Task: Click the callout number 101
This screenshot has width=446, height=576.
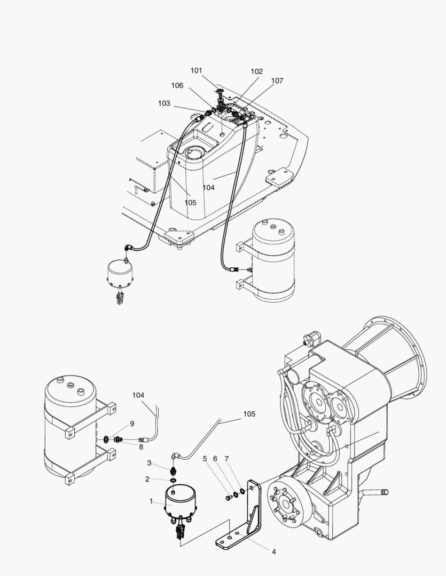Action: click(x=196, y=70)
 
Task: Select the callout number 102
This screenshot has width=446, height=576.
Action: click(x=256, y=71)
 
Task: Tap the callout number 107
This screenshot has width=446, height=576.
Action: click(x=277, y=81)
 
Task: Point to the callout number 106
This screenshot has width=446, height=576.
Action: click(x=177, y=85)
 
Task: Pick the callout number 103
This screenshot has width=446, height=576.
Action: click(x=164, y=103)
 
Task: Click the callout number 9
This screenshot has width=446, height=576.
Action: click(x=132, y=424)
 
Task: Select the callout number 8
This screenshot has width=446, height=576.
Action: click(x=141, y=447)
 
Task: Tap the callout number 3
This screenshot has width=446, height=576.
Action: click(x=149, y=463)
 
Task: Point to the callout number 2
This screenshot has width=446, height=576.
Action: click(x=147, y=479)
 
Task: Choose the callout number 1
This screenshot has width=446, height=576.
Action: click(x=151, y=501)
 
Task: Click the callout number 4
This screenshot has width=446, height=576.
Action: click(x=274, y=552)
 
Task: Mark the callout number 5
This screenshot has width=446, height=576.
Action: click(x=205, y=459)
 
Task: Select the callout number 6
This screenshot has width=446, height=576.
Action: click(x=215, y=459)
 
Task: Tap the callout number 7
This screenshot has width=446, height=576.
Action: click(x=226, y=459)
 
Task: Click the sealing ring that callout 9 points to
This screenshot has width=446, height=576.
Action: click(x=106, y=438)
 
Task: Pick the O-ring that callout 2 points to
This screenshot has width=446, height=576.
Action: click(x=173, y=481)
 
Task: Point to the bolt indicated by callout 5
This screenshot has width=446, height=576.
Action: click(x=228, y=498)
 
